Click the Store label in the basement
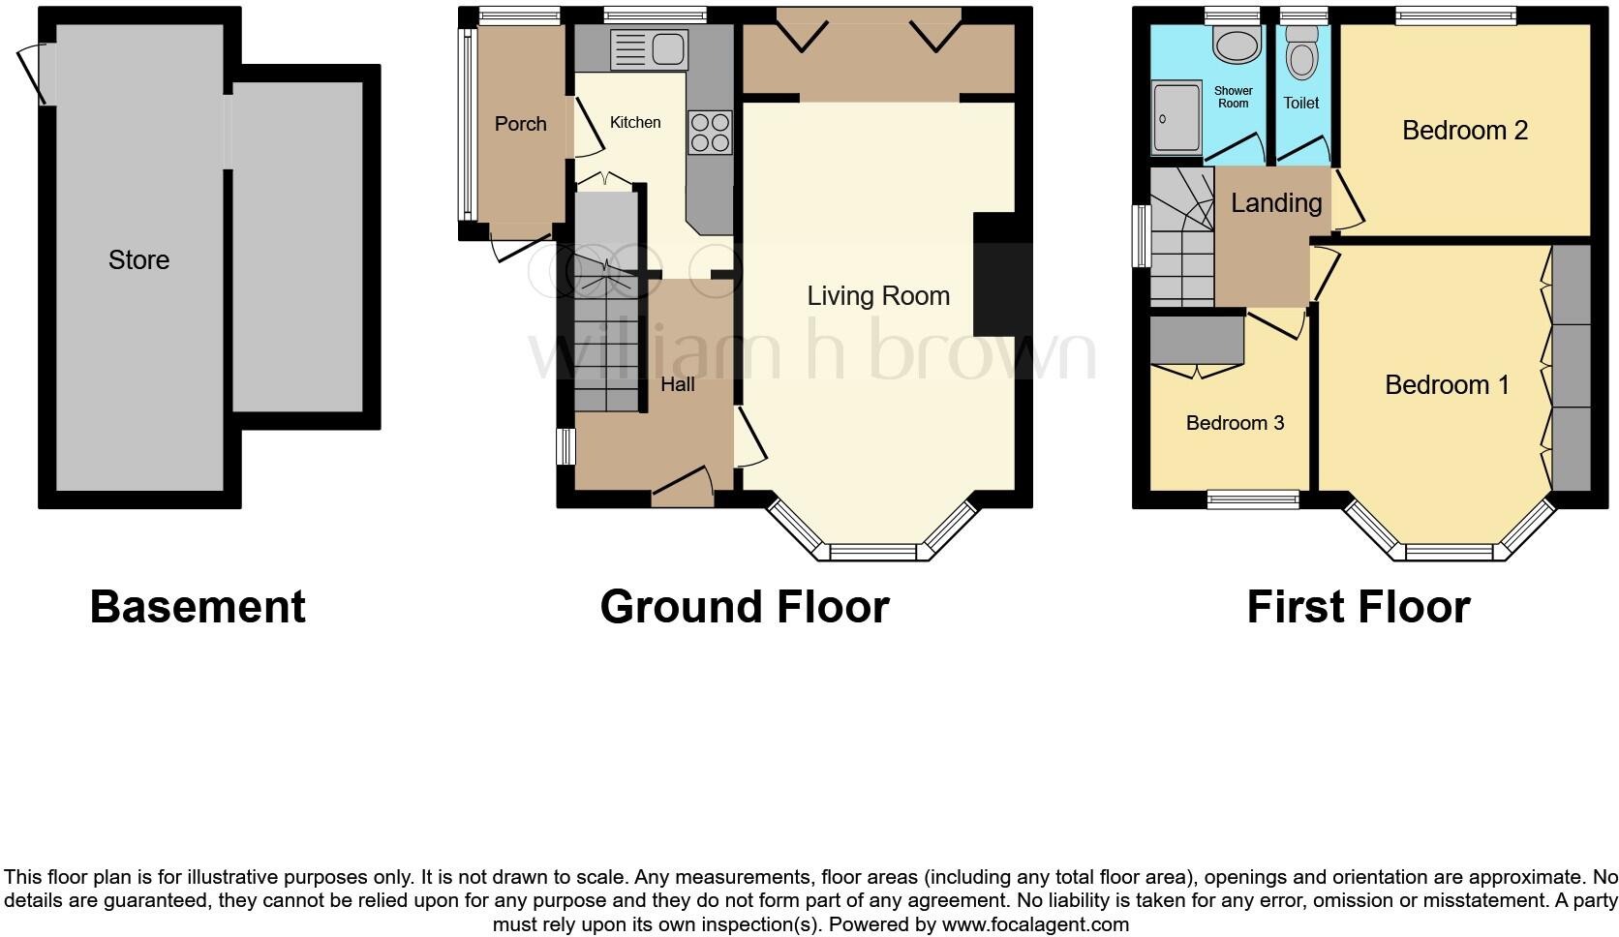coord(138,259)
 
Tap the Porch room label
coord(520,124)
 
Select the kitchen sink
coord(649,49)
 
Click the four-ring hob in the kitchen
coord(710,132)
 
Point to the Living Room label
coord(878,296)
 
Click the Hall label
coord(678,384)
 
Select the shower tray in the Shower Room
coord(1176,118)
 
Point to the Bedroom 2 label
coord(1464,130)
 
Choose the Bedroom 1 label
coord(1447,385)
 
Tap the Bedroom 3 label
coord(1235,423)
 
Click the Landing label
coord(1276,203)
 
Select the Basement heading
coord(198,607)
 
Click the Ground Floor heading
coord(745,607)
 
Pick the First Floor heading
coord(1359,607)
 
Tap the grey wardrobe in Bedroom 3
coord(1197,341)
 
